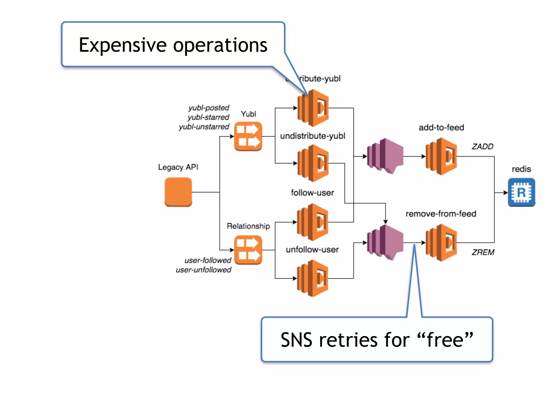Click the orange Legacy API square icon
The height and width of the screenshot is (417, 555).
click(178, 192)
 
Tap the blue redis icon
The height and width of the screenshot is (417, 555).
click(521, 192)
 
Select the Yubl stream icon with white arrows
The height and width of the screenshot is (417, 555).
click(248, 136)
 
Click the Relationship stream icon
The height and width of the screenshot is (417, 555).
click(248, 250)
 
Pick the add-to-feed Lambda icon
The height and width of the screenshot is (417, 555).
click(441, 156)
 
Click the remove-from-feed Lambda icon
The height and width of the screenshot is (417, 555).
click(441, 242)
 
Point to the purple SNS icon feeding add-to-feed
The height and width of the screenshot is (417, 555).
click(385, 156)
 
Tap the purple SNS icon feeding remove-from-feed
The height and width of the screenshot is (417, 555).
click(385, 242)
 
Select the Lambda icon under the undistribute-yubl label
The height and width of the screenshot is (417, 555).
click(313, 163)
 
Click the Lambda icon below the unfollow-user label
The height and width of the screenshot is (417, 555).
click(313, 278)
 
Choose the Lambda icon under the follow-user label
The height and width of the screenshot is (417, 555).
click(313, 222)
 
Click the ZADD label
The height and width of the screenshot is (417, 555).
click(482, 147)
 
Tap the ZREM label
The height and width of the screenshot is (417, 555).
click(483, 252)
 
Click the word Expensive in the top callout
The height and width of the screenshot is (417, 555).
click(122, 45)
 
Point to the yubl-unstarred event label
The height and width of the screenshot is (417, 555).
click(204, 127)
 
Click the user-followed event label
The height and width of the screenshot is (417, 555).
click(208, 260)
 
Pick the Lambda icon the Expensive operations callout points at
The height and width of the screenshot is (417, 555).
click(313, 108)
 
